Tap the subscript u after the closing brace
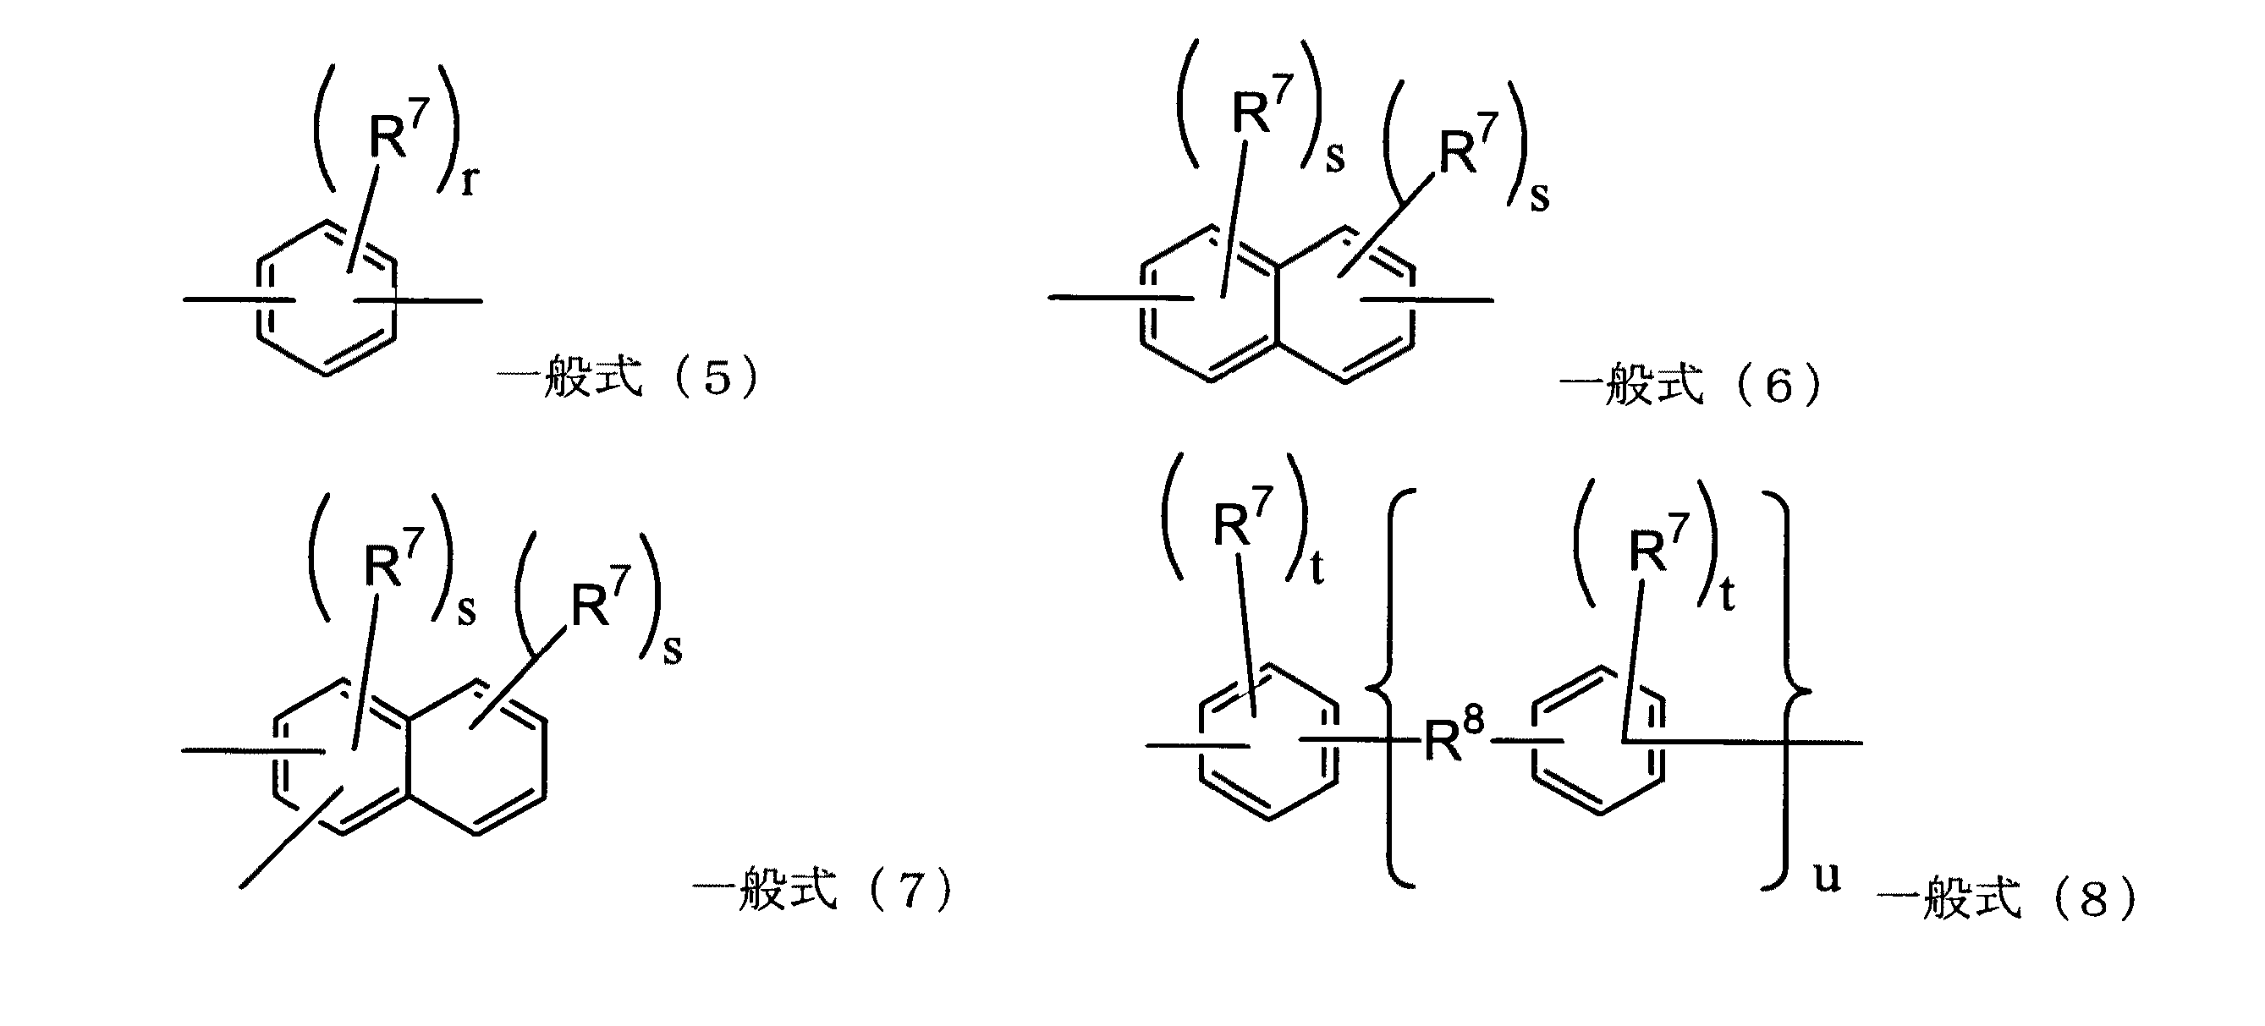click(1827, 877)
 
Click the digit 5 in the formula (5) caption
click(717, 378)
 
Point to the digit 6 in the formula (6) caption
click(1778, 387)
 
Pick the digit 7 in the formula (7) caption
click(910, 890)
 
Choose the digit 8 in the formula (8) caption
click(2093, 900)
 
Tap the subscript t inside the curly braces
click(1727, 595)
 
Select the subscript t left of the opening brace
click(1317, 569)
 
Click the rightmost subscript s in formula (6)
click(1539, 197)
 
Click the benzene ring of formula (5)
click(327, 299)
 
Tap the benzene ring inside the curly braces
click(1598, 741)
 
